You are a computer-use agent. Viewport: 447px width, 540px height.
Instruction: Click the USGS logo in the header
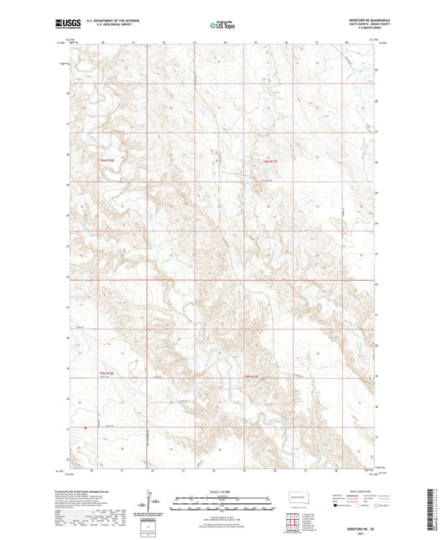pyautogui.click(x=62, y=25)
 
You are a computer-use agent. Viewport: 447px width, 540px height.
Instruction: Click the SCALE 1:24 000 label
pyautogui.click(x=222, y=491)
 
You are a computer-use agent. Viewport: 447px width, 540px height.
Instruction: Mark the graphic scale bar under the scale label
pyautogui.click(x=222, y=504)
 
